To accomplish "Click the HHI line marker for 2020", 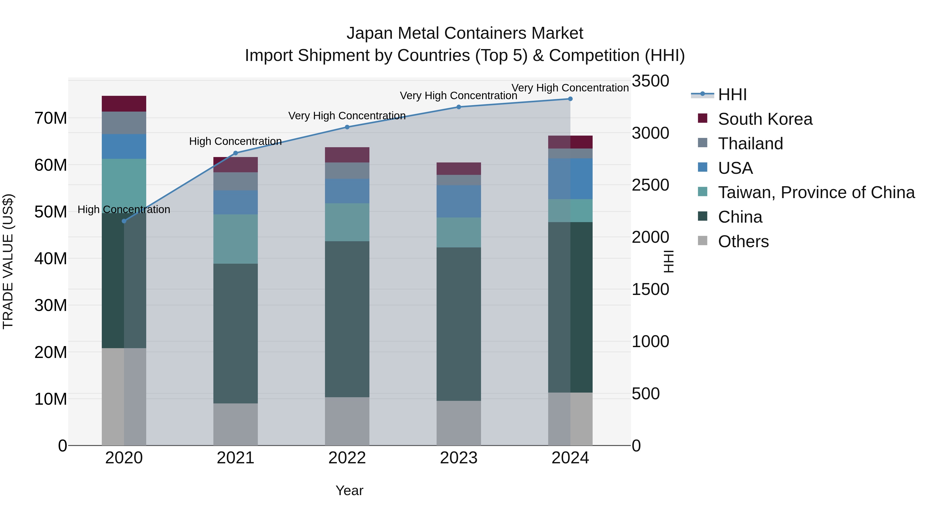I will click(x=124, y=221).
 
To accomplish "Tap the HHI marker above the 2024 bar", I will click(x=570, y=99).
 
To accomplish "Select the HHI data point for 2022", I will click(x=347, y=127).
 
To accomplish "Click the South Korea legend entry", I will click(x=765, y=119).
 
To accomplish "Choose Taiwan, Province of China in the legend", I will click(x=816, y=192).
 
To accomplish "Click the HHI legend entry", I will click(x=732, y=95).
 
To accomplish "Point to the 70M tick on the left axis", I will click(x=51, y=118).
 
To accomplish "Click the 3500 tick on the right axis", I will click(x=650, y=81).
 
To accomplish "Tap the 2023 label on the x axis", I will click(x=459, y=458).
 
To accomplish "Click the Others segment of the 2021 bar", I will click(x=235, y=424).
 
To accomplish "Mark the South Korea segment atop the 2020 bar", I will click(x=124, y=104).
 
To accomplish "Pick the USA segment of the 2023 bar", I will click(x=459, y=201).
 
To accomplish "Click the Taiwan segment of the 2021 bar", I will click(x=235, y=239).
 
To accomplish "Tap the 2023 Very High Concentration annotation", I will click(x=459, y=96).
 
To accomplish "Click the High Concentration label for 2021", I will click(x=235, y=141).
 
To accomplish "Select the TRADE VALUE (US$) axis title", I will click(x=8, y=261).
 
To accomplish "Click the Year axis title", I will click(x=349, y=490).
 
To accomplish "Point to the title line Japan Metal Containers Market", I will click(x=465, y=33).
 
